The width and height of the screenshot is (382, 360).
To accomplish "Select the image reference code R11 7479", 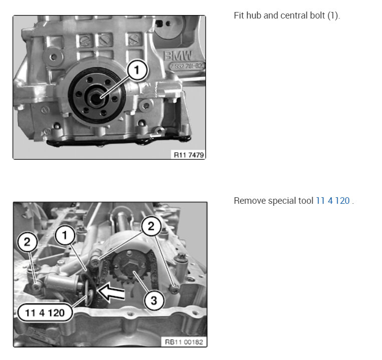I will [188, 155].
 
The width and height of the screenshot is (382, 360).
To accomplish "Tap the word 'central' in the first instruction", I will [292, 15].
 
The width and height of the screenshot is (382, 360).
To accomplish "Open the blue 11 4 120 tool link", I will [332, 201].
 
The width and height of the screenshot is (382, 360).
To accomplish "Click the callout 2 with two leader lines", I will [149, 226].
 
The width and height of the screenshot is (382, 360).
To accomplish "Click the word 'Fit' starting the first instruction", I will [239, 15].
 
